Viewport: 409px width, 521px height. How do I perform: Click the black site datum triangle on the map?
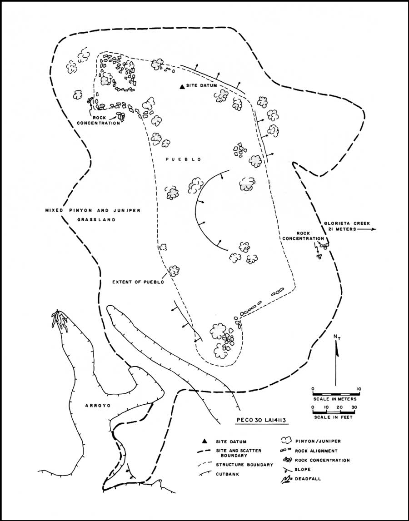coord(182,87)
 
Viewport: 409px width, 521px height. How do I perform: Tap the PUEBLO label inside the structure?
coord(184,159)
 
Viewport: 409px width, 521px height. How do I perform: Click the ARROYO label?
coord(97,406)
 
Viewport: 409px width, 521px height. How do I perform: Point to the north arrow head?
coord(336,349)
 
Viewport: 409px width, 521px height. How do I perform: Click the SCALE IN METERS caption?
coord(335,399)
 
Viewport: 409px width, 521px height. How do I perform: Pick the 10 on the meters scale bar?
coord(359,389)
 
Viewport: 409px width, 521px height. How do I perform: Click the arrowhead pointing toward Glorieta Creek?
coord(374,229)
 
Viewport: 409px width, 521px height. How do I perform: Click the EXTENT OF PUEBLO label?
coord(138,282)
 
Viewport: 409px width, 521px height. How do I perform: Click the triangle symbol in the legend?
coord(205,441)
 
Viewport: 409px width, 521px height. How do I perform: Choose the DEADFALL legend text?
coord(308,479)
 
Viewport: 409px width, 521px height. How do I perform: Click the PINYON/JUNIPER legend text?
coord(318,441)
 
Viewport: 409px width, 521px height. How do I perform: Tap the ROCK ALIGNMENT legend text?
coord(316,451)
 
